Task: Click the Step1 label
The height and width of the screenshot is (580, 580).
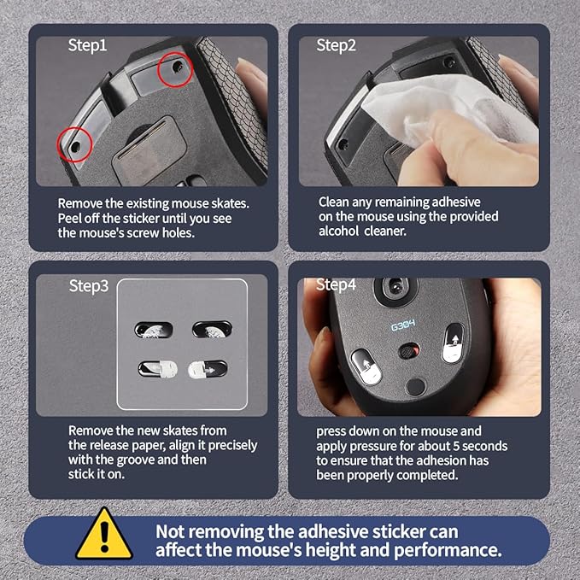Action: [x=87, y=45]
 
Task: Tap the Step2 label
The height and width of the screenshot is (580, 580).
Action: [x=336, y=45]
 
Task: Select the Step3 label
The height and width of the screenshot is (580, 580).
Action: [x=89, y=286]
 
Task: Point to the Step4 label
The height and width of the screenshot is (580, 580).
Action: [x=336, y=284]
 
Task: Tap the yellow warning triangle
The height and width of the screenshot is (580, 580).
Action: [x=104, y=533]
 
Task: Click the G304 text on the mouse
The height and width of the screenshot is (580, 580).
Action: [x=403, y=325]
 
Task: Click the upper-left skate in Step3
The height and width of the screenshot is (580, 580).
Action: [x=154, y=330]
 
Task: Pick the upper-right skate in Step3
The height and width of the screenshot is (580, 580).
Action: [x=212, y=329]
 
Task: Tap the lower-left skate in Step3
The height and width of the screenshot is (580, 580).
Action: [x=157, y=370]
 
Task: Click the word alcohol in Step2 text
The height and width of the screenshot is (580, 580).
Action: [x=338, y=231]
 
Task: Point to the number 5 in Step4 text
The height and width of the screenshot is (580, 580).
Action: [x=456, y=446]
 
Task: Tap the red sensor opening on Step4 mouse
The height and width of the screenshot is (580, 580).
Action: [x=409, y=351]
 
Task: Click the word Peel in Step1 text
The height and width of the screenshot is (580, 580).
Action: [x=69, y=218]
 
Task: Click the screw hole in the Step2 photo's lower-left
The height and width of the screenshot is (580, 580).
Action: [x=343, y=144]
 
